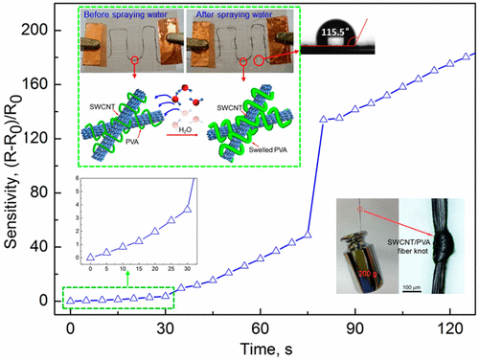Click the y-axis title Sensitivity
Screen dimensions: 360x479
coord(12,159)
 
